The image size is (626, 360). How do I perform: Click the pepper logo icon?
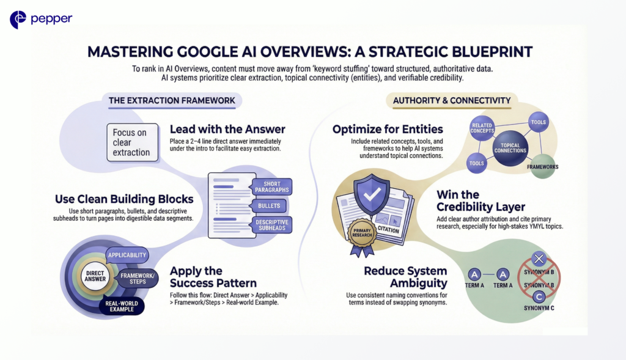tap(18, 20)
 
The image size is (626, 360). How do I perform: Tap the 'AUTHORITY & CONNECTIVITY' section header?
tap(452, 100)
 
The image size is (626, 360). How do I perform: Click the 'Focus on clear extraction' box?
tap(132, 142)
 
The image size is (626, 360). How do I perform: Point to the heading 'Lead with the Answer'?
tap(227, 130)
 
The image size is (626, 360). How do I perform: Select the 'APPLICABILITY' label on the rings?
tap(127, 254)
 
